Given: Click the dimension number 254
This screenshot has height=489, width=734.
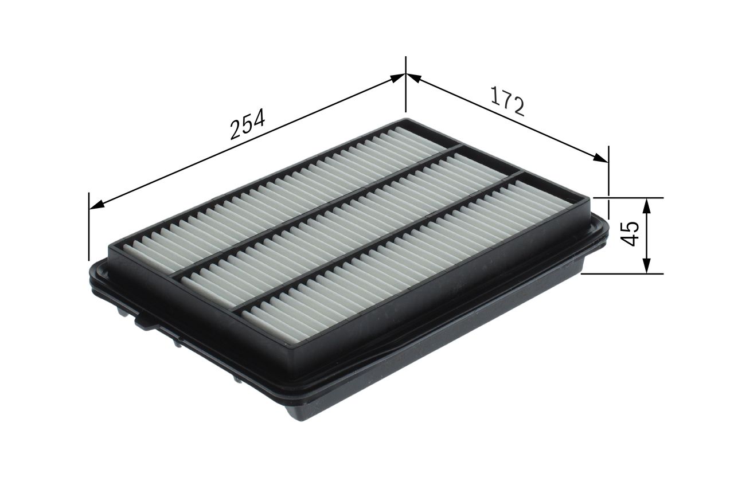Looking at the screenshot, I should (x=247, y=124).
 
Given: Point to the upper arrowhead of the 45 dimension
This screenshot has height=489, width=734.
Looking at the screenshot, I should (x=646, y=203).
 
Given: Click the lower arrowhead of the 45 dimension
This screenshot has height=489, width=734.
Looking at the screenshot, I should (x=646, y=268).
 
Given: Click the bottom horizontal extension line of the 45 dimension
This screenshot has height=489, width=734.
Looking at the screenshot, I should (x=622, y=273).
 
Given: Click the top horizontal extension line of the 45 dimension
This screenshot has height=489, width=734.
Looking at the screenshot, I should (x=628, y=198).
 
